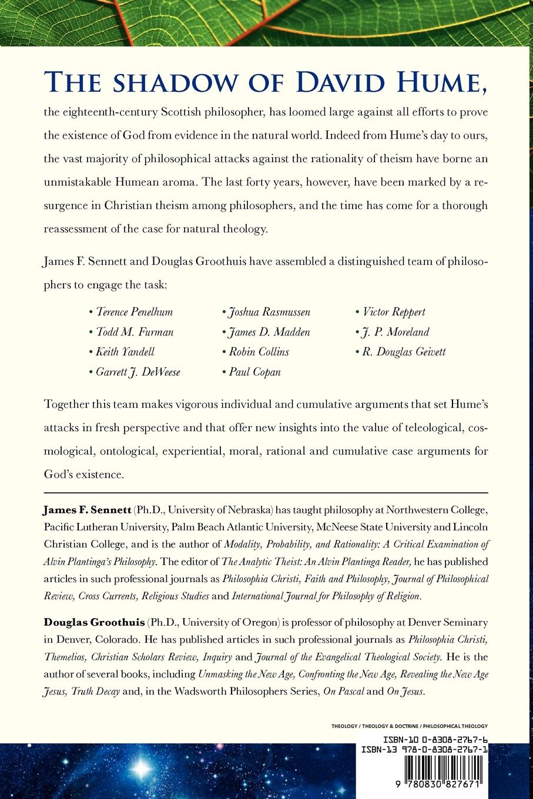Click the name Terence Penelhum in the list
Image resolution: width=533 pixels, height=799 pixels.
coord(135,312)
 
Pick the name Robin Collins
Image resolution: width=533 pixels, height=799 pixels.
coord(259,352)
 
